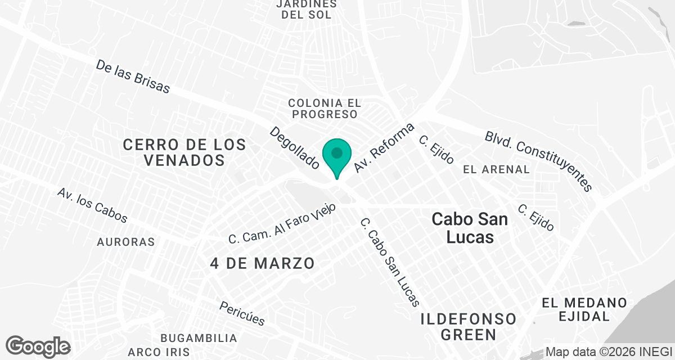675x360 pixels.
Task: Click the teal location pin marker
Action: click(x=337, y=156)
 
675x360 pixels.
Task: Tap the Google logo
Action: click(x=38, y=346)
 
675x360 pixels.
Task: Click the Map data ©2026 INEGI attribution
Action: click(x=609, y=352)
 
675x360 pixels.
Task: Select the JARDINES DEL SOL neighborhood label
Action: click(x=307, y=10)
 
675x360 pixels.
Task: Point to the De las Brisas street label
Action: click(x=132, y=76)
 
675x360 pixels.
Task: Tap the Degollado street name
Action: click(x=294, y=147)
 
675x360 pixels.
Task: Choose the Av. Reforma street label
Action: click(x=384, y=147)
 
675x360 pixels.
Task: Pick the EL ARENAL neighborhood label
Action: click(x=496, y=169)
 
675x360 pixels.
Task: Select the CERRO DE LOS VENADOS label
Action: click(x=184, y=152)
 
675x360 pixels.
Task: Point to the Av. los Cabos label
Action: click(x=92, y=205)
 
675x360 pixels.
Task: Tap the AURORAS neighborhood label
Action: click(x=125, y=242)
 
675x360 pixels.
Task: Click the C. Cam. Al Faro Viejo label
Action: click(x=282, y=223)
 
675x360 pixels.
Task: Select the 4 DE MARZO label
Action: click(x=262, y=263)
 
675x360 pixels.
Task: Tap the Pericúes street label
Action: click(x=242, y=313)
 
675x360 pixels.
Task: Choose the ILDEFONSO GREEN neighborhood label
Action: click(x=469, y=327)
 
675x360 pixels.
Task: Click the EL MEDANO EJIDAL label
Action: click(x=584, y=309)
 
